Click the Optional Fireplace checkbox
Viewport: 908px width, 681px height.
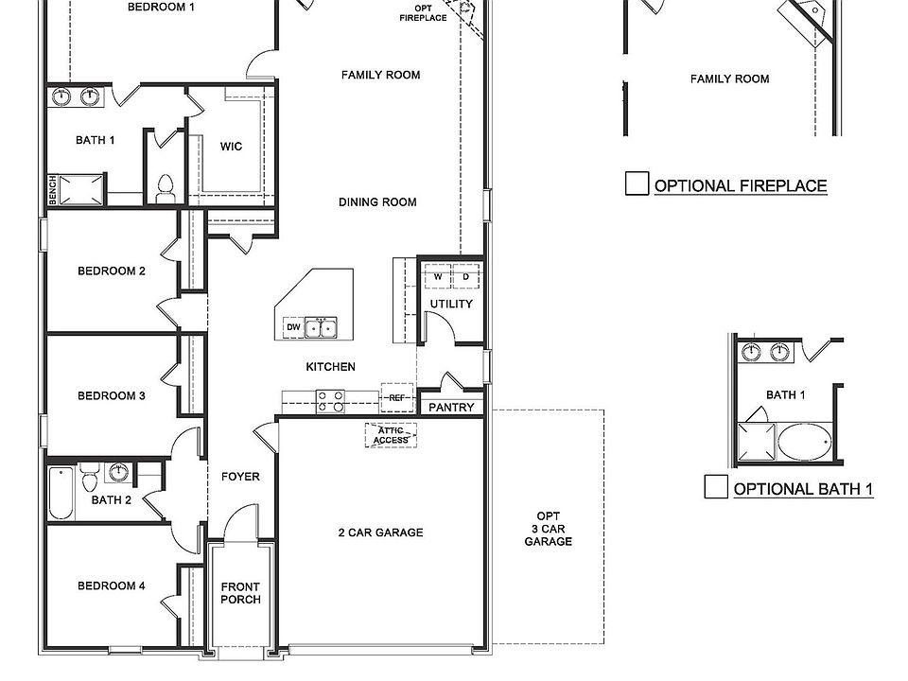[x=637, y=184]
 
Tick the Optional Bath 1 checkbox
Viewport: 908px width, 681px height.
[x=716, y=487]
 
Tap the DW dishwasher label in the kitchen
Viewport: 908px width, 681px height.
[x=293, y=327]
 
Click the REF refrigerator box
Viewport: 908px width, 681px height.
[x=396, y=398]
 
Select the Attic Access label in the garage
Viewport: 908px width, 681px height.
[x=391, y=435]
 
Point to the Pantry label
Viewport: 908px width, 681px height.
[x=451, y=408]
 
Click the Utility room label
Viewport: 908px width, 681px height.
[x=451, y=305]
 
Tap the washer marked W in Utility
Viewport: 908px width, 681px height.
[x=438, y=277]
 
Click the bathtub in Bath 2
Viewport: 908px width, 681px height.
[x=61, y=495]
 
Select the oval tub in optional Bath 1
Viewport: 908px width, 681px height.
[x=803, y=440]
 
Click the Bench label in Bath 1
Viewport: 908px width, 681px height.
[x=53, y=190]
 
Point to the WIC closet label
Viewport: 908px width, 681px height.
[x=231, y=147]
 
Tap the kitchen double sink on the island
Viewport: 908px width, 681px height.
[x=323, y=327]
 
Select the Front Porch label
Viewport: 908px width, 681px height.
[x=240, y=593]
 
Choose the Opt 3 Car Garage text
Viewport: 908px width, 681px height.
[x=549, y=529]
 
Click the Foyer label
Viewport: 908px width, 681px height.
[x=240, y=477]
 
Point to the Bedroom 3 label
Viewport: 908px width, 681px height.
[x=112, y=396]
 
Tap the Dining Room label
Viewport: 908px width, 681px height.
[x=377, y=201]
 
